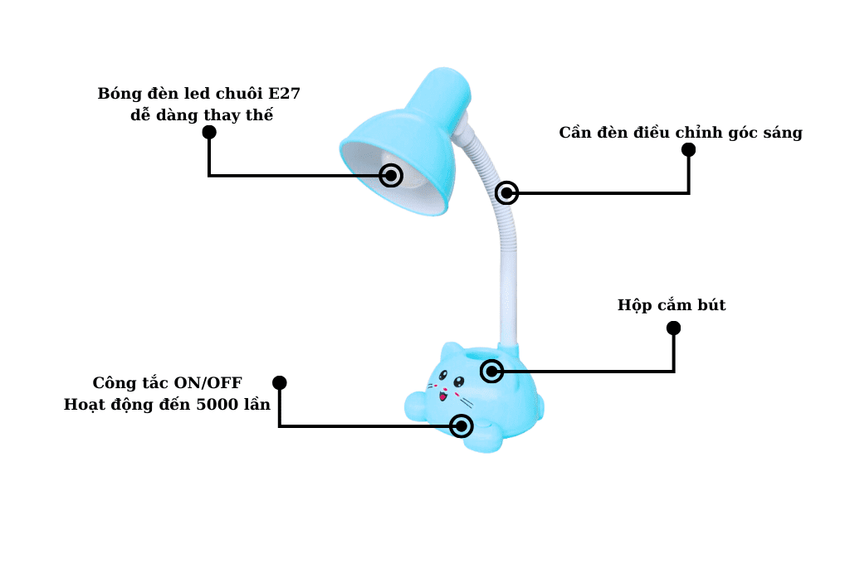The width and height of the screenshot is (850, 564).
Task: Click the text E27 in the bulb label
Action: [x=284, y=93]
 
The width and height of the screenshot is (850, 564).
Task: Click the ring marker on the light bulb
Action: [x=391, y=176]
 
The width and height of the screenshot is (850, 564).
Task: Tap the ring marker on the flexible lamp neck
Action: [x=506, y=193]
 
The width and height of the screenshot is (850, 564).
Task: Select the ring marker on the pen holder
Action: [x=492, y=371]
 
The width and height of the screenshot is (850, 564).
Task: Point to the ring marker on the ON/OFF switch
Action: [x=462, y=426]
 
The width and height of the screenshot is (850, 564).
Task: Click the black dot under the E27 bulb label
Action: [x=209, y=132]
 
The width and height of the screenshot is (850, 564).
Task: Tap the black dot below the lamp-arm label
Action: [x=688, y=150]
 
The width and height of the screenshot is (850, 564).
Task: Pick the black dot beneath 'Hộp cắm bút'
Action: [x=673, y=328]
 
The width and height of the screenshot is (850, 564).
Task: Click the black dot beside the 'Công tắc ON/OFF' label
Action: [x=280, y=382]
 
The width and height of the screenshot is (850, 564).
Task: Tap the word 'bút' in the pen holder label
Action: [x=711, y=305]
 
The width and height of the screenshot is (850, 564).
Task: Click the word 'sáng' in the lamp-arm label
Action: [x=782, y=133]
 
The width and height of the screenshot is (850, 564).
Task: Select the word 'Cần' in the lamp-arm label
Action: [x=577, y=133]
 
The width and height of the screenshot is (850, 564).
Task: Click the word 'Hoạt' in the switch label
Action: [x=85, y=405]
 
